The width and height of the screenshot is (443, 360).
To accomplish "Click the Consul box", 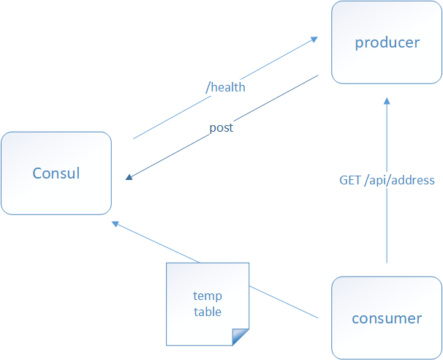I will [56, 173].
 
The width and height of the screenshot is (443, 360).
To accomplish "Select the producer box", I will [387, 42].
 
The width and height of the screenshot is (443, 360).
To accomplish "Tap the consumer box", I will [387, 318].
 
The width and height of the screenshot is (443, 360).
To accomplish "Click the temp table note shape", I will [208, 304].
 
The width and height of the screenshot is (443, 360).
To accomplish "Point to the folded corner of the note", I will [241, 337].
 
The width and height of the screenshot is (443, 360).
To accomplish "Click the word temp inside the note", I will [208, 296].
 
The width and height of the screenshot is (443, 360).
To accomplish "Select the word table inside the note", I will [208, 312].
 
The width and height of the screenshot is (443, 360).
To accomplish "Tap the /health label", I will [225, 87].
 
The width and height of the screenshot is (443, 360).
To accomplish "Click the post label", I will [221, 127].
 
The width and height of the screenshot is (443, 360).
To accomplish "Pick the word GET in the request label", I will [349, 180].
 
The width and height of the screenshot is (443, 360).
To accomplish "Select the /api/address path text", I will [399, 180].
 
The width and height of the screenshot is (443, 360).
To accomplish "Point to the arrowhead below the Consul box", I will [115, 222].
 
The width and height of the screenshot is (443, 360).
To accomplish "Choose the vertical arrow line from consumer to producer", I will [387, 220].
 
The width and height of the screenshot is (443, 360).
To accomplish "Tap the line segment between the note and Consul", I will [157, 243].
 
